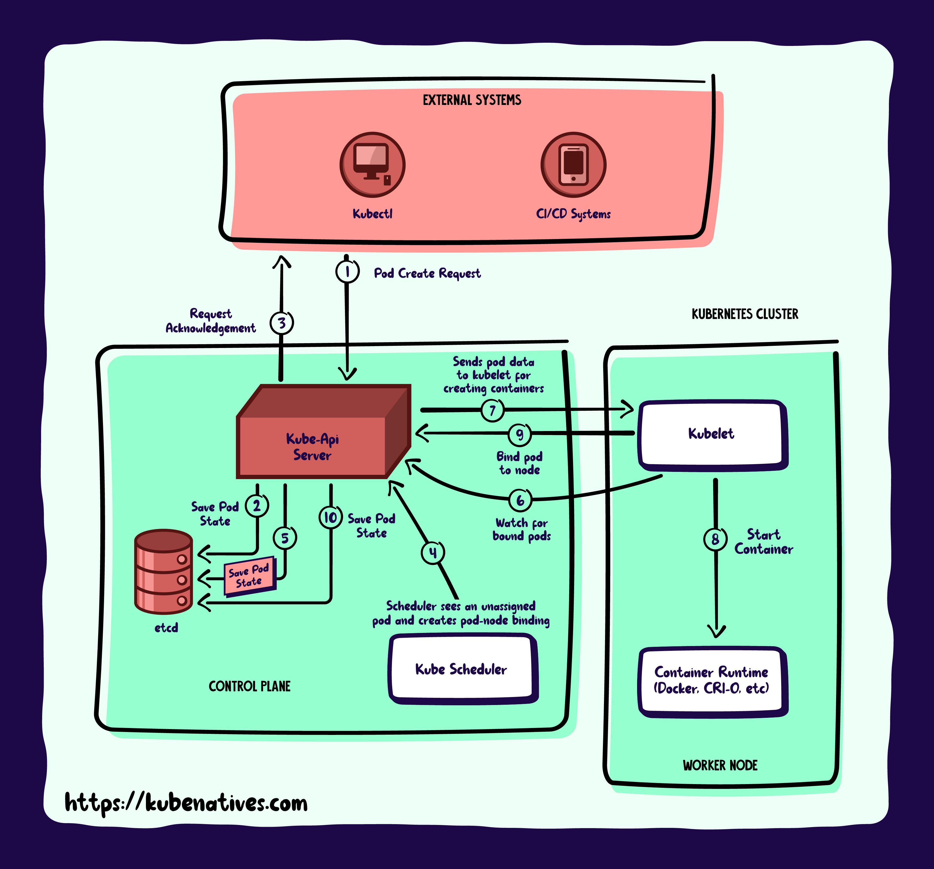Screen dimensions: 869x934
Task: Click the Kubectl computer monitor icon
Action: click(x=372, y=164)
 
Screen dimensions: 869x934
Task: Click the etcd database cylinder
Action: click(x=164, y=571)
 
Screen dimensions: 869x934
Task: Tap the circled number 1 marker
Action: click(x=347, y=271)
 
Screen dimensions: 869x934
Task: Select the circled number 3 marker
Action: click(x=281, y=323)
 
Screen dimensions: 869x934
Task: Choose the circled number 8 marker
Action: click(x=715, y=539)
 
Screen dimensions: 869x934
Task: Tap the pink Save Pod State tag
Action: click(x=249, y=576)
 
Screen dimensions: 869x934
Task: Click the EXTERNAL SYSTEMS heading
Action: click(x=472, y=100)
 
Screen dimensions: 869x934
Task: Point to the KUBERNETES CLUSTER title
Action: click(x=745, y=314)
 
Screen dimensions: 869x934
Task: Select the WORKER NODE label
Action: click(x=720, y=765)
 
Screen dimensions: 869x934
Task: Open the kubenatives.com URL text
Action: click(x=186, y=803)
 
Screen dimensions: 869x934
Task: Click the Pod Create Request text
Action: click(x=427, y=273)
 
